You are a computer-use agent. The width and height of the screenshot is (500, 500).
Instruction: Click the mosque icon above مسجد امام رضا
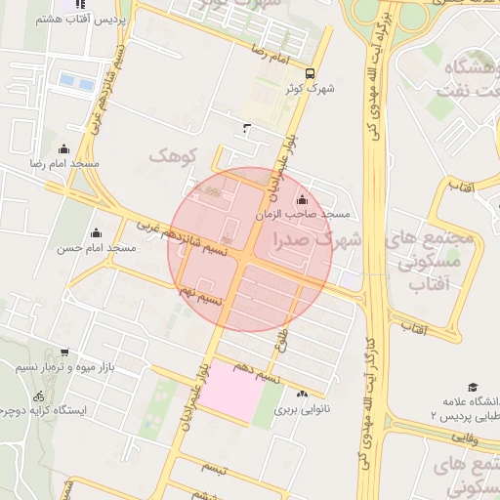[64, 148]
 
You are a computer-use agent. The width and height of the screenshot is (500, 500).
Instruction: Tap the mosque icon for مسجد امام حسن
[96, 232]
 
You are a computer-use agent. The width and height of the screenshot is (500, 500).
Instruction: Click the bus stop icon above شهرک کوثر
[310, 73]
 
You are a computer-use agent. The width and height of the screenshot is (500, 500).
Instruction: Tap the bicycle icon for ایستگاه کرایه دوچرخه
[39, 396]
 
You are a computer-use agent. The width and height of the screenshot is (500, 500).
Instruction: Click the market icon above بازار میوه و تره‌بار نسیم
[63, 353]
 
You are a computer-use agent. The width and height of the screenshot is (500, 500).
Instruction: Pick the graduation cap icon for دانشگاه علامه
[473, 387]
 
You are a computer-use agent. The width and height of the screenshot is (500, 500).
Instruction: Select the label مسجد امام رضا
[64, 164]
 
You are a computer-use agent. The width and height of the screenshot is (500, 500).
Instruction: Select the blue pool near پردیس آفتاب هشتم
[68, 79]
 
